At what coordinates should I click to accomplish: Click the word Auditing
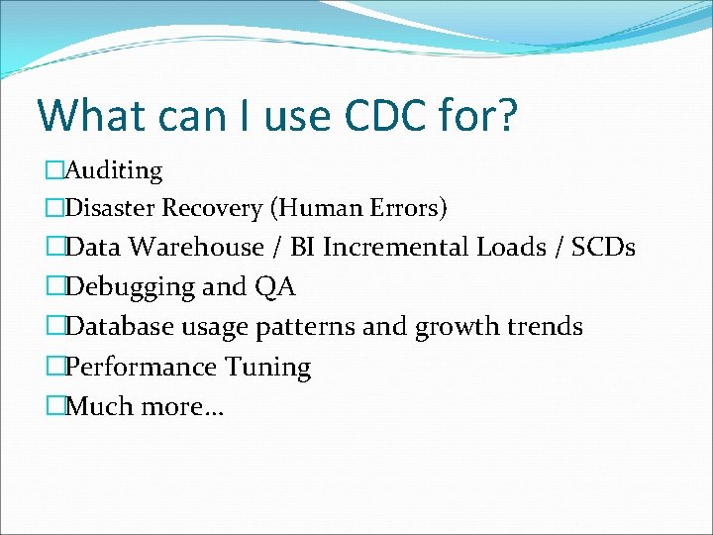(114, 170)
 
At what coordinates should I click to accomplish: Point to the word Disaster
(111, 208)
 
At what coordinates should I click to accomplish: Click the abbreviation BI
(303, 247)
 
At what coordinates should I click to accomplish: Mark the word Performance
(141, 367)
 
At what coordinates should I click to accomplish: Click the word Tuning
(268, 367)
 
